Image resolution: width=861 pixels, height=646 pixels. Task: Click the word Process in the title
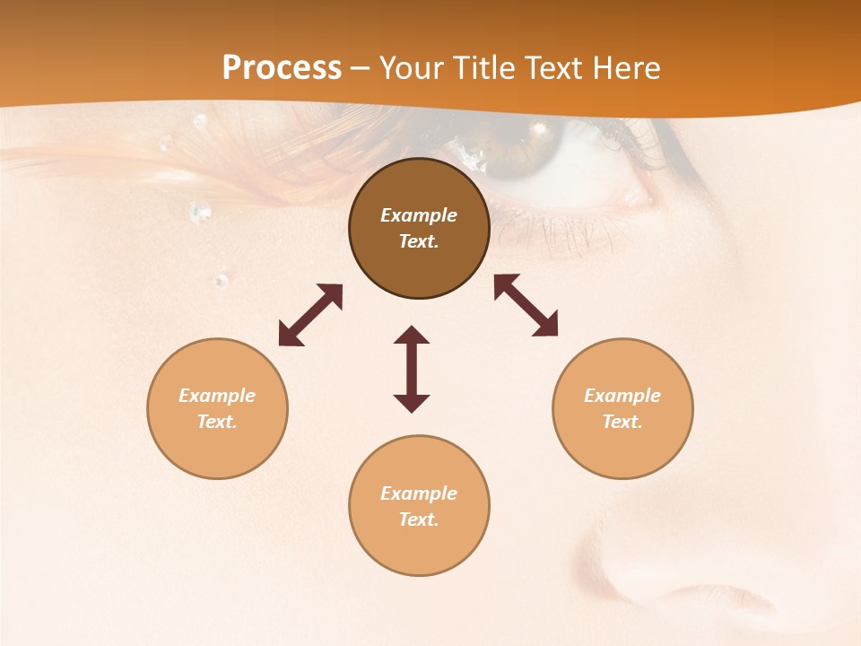(282, 67)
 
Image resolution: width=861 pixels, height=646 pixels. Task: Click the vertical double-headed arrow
(412, 370)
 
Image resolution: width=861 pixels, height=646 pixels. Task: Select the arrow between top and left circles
(310, 315)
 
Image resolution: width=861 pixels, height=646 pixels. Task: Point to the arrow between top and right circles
(526, 305)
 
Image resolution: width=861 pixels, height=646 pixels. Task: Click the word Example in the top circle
(419, 215)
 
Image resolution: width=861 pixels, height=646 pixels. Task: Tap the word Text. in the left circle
(217, 422)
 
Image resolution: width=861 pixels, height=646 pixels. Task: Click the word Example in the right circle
(622, 396)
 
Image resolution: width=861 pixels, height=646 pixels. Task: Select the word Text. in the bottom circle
(419, 519)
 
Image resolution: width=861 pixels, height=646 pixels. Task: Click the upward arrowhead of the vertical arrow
(412, 336)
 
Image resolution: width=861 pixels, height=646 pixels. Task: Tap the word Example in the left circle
(217, 396)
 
